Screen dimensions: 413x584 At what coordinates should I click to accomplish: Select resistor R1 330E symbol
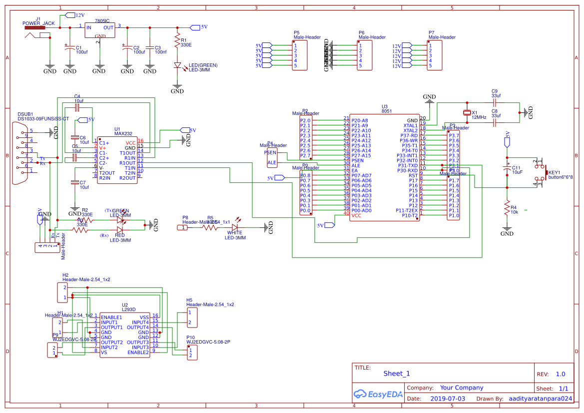click(x=177, y=41)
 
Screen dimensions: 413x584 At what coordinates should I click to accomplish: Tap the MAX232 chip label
click(x=123, y=134)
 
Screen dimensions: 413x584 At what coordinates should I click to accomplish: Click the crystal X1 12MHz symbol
click(x=468, y=113)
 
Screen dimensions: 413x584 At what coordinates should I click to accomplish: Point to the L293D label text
click(x=129, y=310)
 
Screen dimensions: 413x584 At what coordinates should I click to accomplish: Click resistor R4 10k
click(x=507, y=207)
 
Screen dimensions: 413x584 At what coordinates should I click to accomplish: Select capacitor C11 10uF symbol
click(x=507, y=168)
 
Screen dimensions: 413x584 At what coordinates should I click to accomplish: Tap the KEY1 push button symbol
click(x=540, y=172)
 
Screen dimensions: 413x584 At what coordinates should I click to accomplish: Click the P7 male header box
click(x=434, y=55)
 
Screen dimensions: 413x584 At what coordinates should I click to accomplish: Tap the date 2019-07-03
click(x=447, y=399)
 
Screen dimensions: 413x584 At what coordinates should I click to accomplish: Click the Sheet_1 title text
click(x=396, y=374)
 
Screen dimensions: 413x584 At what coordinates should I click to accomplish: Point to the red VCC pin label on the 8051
click(x=356, y=215)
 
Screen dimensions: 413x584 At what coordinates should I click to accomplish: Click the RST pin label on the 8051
click(x=413, y=175)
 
